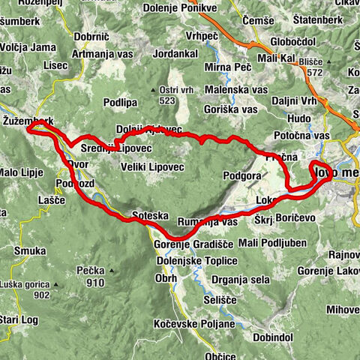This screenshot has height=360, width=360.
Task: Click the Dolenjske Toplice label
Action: pyautogui.click(x=197, y=260)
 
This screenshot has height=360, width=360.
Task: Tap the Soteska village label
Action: pyautogui.click(x=147, y=213)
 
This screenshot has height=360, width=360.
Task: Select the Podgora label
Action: pyautogui.click(x=242, y=175)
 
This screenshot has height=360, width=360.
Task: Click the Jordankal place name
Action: pyautogui.click(x=174, y=54)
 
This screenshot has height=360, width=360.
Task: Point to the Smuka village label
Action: pyautogui.click(x=29, y=252)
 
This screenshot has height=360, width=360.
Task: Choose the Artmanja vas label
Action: pyautogui.click(x=107, y=54)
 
